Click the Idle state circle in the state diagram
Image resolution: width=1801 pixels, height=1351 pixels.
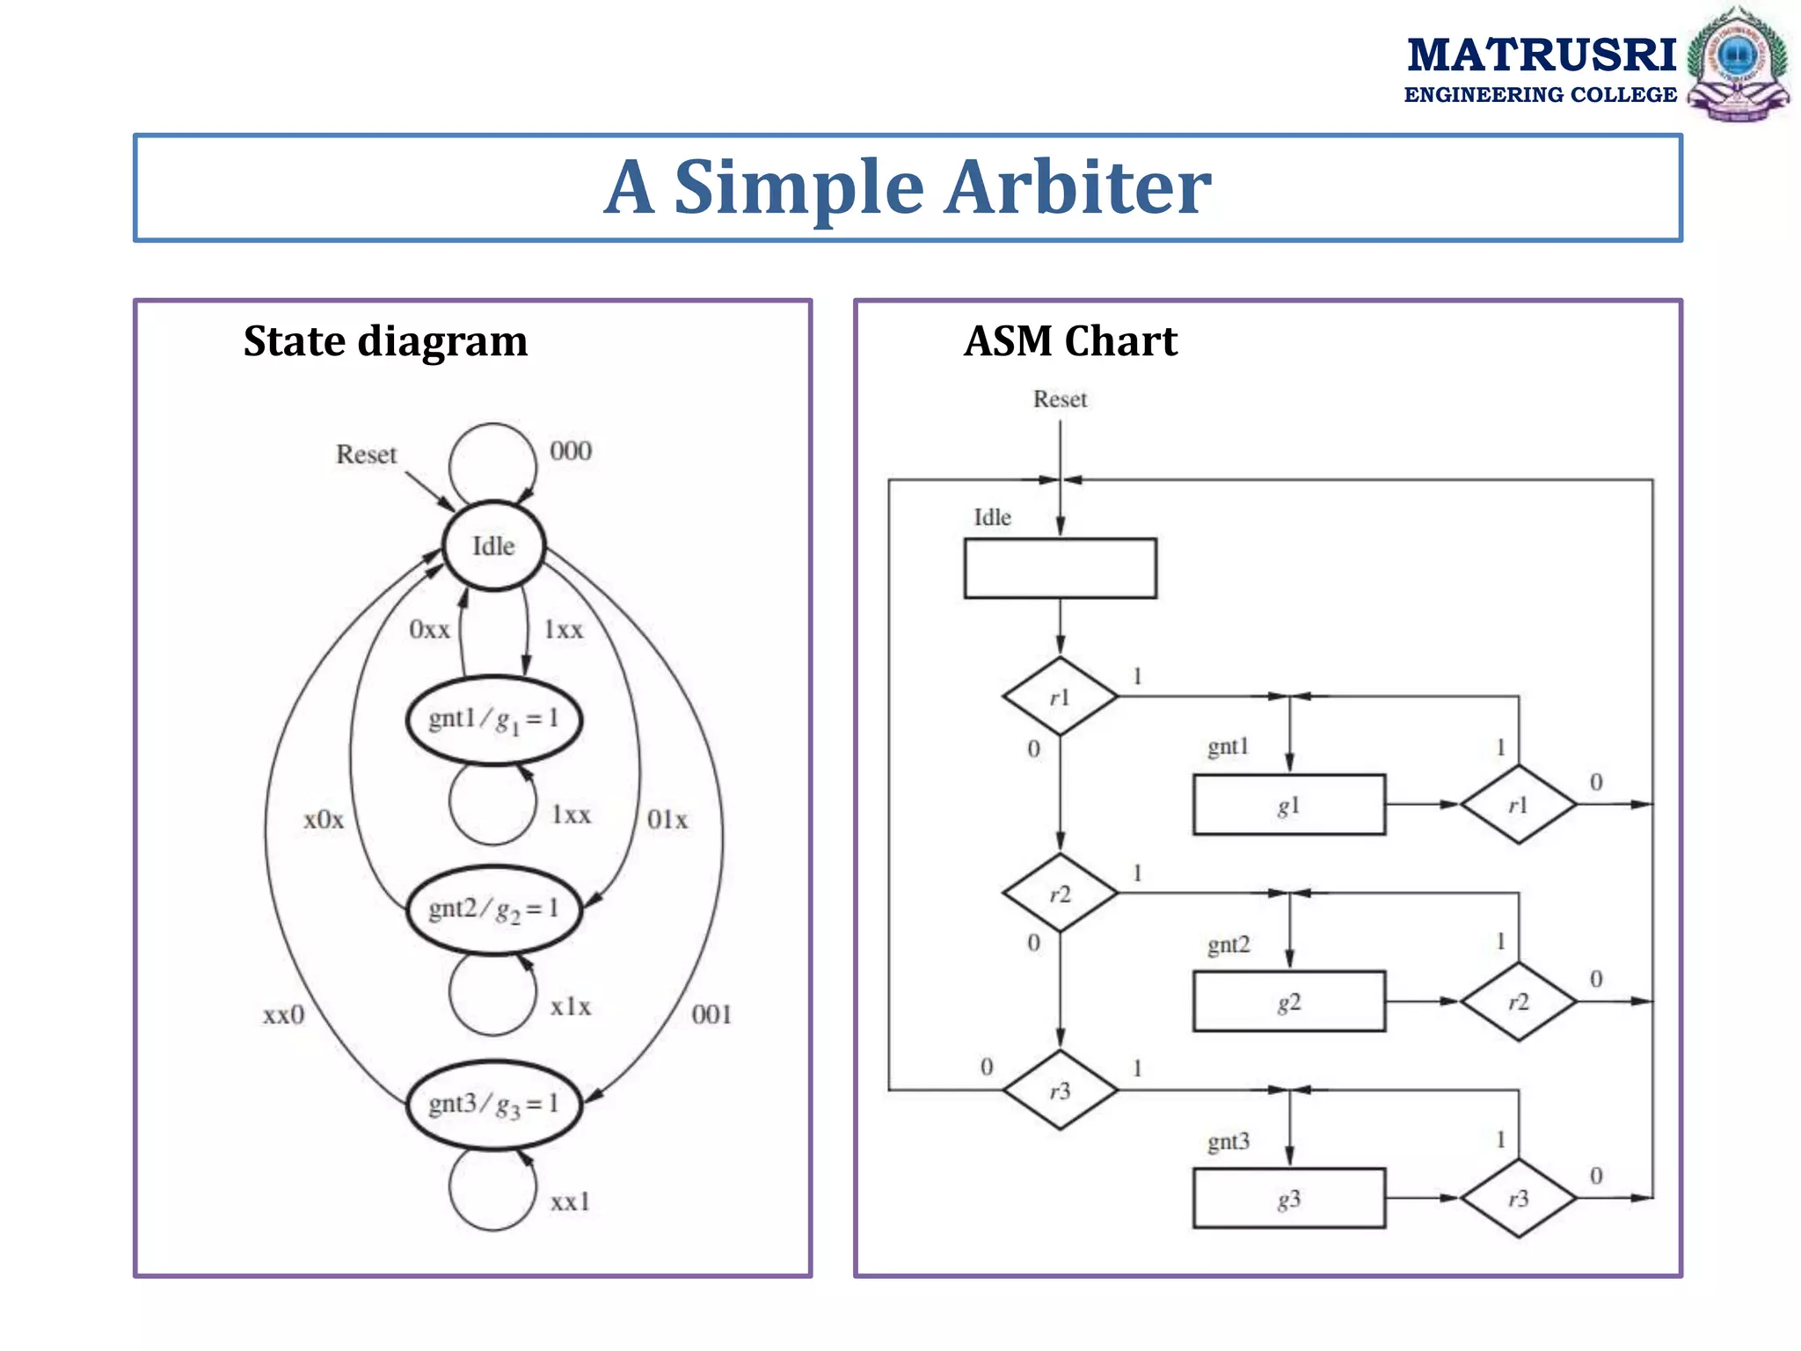tap(493, 546)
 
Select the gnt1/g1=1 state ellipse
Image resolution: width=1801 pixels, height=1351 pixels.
tap(493, 719)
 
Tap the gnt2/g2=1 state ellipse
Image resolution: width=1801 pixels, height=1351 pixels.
tap(493, 909)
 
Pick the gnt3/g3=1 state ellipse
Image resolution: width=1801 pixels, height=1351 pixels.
tap(493, 1105)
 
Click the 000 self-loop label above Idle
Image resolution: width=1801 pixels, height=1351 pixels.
tap(571, 451)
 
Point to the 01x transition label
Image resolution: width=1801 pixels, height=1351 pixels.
tap(667, 820)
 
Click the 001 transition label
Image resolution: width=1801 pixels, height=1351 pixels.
tap(711, 1015)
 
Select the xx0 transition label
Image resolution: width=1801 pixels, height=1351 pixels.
tap(284, 1015)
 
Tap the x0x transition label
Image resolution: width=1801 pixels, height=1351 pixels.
tap(324, 820)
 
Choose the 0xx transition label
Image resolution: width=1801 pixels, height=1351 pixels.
tap(429, 630)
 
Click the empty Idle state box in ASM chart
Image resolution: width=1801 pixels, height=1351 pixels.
tap(1060, 568)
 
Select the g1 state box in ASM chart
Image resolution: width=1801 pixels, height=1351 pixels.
tap(1288, 805)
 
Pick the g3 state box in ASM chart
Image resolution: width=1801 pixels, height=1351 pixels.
tap(1288, 1198)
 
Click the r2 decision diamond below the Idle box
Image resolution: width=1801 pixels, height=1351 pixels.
tap(1060, 894)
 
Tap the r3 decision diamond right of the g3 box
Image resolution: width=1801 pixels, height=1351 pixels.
tap(1519, 1198)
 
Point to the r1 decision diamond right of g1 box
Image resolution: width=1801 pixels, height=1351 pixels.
tap(1519, 805)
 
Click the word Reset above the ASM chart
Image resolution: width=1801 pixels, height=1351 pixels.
tap(1060, 399)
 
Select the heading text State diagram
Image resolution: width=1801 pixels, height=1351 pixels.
tap(385, 341)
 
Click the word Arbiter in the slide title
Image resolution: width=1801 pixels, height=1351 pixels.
tap(1077, 187)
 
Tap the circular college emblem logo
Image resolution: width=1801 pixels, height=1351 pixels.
tap(1738, 62)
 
